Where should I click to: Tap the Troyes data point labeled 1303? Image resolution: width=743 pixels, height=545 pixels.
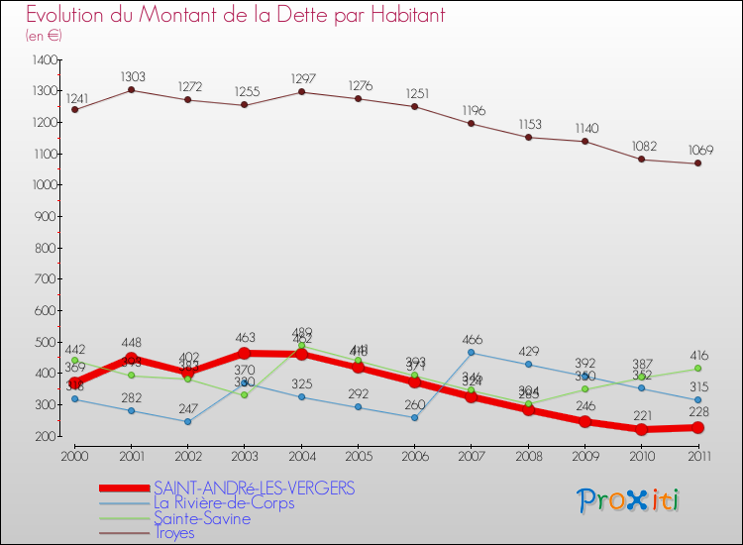[131, 90]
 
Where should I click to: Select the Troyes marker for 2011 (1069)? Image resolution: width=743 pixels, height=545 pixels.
[697, 163]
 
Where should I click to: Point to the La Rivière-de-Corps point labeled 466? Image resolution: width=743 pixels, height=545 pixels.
[471, 353]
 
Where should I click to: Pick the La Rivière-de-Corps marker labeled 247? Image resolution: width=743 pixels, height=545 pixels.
[187, 421]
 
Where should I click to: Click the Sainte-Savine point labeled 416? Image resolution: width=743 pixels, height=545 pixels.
[697, 369]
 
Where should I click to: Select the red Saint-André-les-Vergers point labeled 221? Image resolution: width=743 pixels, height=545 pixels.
[641, 429]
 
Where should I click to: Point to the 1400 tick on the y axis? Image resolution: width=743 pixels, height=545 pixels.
[45, 60]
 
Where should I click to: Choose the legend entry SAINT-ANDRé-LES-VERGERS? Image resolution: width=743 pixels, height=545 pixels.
[254, 489]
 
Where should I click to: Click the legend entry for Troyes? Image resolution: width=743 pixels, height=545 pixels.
[174, 533]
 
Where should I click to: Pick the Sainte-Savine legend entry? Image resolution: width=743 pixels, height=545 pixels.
[202, 518]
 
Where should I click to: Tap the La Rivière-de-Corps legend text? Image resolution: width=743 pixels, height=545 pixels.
[224, 503]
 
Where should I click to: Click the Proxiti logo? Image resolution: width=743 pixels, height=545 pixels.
[628, 500]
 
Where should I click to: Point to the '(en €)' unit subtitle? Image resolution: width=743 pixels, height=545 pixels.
[45, 35]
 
